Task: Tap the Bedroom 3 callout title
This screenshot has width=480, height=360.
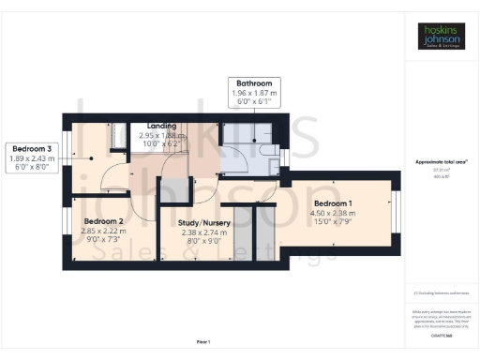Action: tap(32, 148)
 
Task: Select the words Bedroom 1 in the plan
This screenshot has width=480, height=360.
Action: tap(333, 203)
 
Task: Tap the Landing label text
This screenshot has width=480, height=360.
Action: tap(150, 126)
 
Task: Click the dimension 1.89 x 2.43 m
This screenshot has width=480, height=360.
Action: tap(32, 157)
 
